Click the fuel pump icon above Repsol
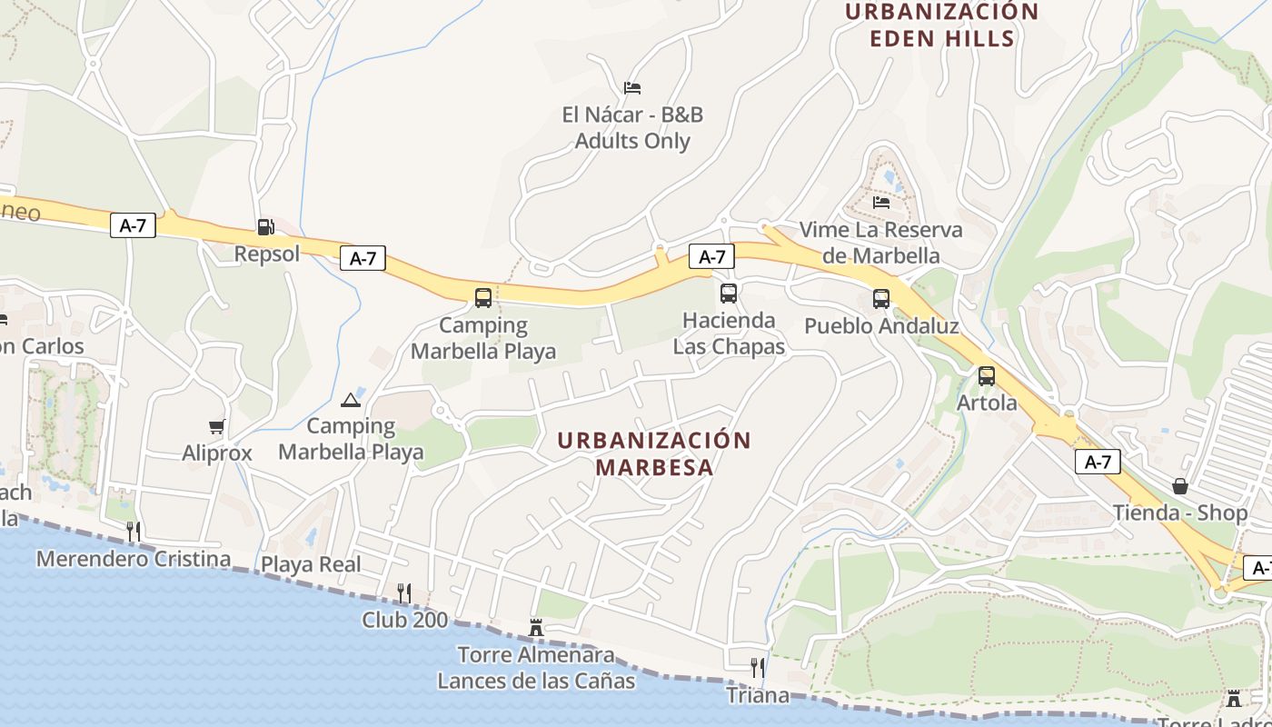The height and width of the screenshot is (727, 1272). (x=265, y=227)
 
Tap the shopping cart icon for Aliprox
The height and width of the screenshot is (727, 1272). (x=216, y=426)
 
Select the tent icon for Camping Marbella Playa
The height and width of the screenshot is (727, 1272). (x=351, y=399)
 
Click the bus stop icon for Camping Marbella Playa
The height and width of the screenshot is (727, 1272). (x=483, y=298)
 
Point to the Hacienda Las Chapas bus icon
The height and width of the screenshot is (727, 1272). (x=729, y=294)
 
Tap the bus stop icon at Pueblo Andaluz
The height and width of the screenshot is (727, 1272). (x=880, y=299)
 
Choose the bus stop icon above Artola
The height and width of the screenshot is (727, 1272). (x=987, y=376)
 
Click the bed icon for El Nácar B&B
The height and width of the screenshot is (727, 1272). (x=632, y=88)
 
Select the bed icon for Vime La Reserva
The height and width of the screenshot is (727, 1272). (x=880, y=202)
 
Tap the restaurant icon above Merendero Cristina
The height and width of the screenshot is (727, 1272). (x=134, y=532)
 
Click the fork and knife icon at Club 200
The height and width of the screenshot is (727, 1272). (x=404, y=593)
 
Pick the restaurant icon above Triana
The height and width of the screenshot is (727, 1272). (x=757, y=669)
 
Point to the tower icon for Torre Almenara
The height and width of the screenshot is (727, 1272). (x=536, y=627)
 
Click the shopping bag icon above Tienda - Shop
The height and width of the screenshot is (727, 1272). (x=1179, y=486)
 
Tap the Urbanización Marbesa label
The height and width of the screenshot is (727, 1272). (x=654, y=453)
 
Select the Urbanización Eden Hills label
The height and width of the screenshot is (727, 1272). (x=941, y=25)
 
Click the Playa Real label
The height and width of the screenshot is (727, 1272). (x=311, y=564)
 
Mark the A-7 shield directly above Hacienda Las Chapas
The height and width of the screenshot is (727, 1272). (x=711, y=257)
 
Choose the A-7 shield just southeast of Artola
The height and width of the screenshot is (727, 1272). (x=1098, y=462)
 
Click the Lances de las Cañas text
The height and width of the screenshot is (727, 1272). (x=536, y=680)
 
